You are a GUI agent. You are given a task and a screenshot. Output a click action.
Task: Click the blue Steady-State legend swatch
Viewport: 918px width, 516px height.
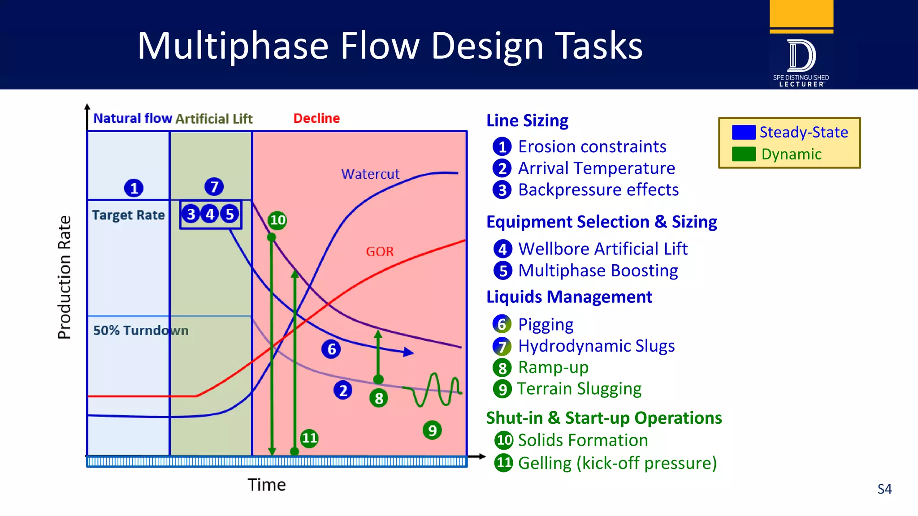pyautogui.click(x=744, y=132)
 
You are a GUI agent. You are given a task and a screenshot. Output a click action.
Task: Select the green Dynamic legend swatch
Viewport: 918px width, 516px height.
pyautogui.click(x=744, y=154)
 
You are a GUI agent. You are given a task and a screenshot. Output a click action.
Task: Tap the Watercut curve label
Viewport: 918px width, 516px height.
pyautogui.click(x=370, y=174)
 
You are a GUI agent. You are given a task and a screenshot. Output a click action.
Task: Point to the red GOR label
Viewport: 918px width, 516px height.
pyautogui.click(x=380, y=252)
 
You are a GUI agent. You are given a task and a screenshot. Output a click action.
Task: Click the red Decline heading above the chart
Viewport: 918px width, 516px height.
pyautogui.click(x=316, y=118)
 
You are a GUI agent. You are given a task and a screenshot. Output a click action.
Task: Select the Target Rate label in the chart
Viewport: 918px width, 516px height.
pyautogui.click(x=128, y=215)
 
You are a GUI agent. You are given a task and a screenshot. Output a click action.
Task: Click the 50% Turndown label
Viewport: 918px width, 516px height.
pyautogui.click(x=140, y=331)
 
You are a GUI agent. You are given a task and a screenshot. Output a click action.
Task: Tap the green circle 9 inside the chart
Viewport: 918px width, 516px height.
pyautogui.click(x=432, y=430)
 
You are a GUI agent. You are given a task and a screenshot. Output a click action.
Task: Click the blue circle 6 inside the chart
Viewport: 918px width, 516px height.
pyautogui.click(x=331, y=349)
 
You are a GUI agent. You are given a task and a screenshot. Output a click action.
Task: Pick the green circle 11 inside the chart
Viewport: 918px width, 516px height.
pyautogui.click(x=309, y=438)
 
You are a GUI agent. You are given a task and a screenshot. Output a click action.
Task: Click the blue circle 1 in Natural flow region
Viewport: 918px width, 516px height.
pyautogui.click(x=134, y=188)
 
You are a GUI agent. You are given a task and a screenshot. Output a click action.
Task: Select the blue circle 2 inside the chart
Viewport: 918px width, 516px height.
pyautogui.click(x=343, y=391)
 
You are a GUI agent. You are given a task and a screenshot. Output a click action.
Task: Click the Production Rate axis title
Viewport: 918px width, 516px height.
pyautogui.click(x=65, y=277)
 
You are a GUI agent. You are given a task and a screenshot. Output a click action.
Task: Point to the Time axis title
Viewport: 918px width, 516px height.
pyautogui.click(x=267, y=485)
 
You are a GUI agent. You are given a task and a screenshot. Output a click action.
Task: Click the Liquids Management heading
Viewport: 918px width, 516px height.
pyautogui.click(x=569, y=297)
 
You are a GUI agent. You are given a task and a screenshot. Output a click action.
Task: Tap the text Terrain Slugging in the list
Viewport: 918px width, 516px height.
pyautogui.click(x=579, y=389)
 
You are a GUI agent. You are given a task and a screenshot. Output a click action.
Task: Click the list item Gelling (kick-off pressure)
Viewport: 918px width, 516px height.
pyautogui.click(x=617, y=463)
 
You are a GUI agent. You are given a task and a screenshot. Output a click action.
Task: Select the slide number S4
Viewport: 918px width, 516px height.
pyautogui.click(x=884, y=489)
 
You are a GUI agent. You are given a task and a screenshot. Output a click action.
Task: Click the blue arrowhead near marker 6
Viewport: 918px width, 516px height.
pyautogui.click(x=408, y=353)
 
